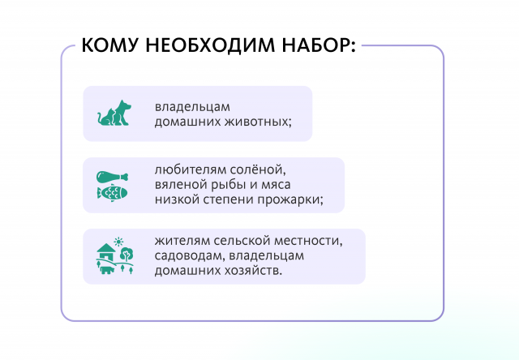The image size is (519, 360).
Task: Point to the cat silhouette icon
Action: point(105,118)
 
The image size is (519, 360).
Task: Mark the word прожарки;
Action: point(288,199)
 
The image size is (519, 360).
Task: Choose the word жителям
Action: point(183,241)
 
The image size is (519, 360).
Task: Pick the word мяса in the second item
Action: point(280,185)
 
